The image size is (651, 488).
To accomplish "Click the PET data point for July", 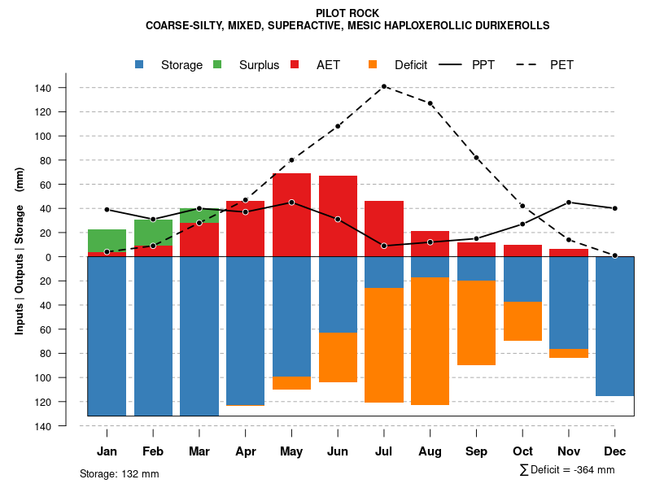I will coord(384,86).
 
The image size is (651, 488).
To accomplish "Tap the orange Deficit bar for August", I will coord(430,342).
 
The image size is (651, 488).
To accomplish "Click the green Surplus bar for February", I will coord(153,233).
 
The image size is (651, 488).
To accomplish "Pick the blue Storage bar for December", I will coord(614,326).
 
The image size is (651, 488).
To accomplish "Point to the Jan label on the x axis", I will coord(107,451).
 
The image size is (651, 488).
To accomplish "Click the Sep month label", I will coord(476,451).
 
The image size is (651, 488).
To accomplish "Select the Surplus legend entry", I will coord(259,65).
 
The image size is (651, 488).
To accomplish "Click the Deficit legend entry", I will coord(410,65).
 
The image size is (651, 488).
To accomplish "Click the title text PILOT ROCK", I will coord(347,13).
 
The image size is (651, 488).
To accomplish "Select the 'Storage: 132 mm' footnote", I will coord(120,473).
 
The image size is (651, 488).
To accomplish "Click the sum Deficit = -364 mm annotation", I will coord(567,470).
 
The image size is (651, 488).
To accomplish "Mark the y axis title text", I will coord(20,251).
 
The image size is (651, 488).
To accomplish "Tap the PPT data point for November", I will coord(569,203).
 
